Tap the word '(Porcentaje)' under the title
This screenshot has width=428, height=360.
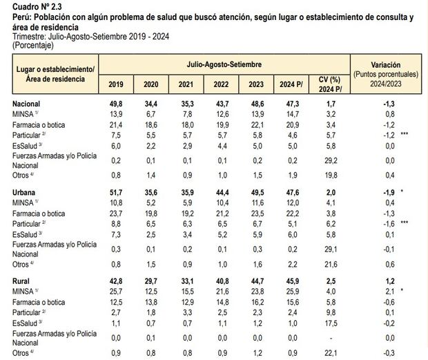(x=34, y=44)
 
